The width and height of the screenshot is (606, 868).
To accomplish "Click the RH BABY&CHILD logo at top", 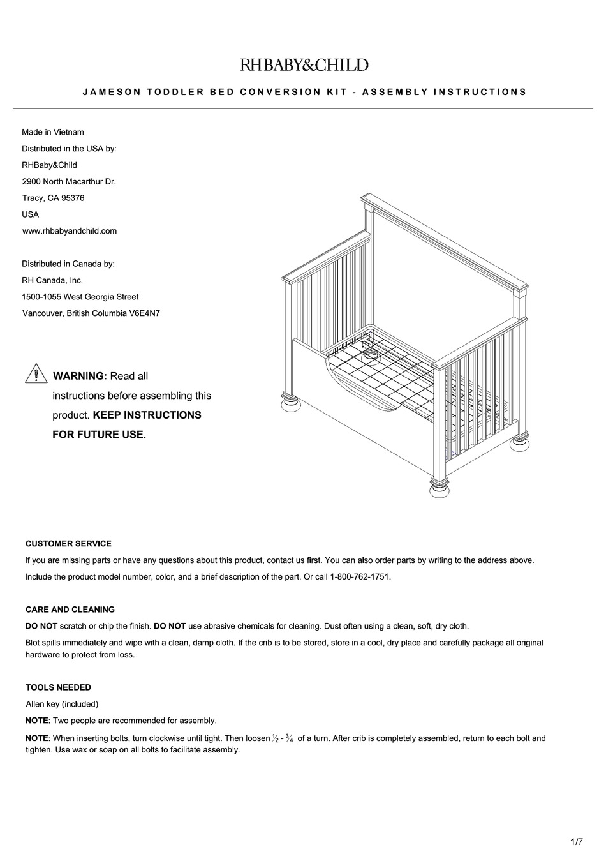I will pyautogui.click(x=304, y=65).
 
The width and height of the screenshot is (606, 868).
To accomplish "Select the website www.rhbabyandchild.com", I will pyautogui.click(x=70, y=231).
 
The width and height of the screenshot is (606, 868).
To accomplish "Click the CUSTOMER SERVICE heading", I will pyautogui.click(x=68, y=544).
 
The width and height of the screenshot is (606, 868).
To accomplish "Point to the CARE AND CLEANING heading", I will pyautogui.click(x=70, y=610).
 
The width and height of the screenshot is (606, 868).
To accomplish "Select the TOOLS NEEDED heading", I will pyautogui.click(x=58, y=687).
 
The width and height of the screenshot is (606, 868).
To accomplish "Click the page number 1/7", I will pyautogui.click(x=576, y=842).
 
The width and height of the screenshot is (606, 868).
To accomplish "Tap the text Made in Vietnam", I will pyautogui.click(x=53, y=132).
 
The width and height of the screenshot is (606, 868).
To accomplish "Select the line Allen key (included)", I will pyautogui.click(x=62, y=704).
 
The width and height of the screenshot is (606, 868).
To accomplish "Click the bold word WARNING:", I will pyautogui.click(x=80, y=377).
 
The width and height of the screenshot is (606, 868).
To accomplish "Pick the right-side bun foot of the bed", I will pyautogui.click(x=520, y=442).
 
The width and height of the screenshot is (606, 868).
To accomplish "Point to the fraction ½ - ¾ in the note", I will pyautogui.click(x=283, y=738).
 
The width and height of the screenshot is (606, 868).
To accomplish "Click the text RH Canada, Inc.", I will pyautogui.click(x=52, y=280).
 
